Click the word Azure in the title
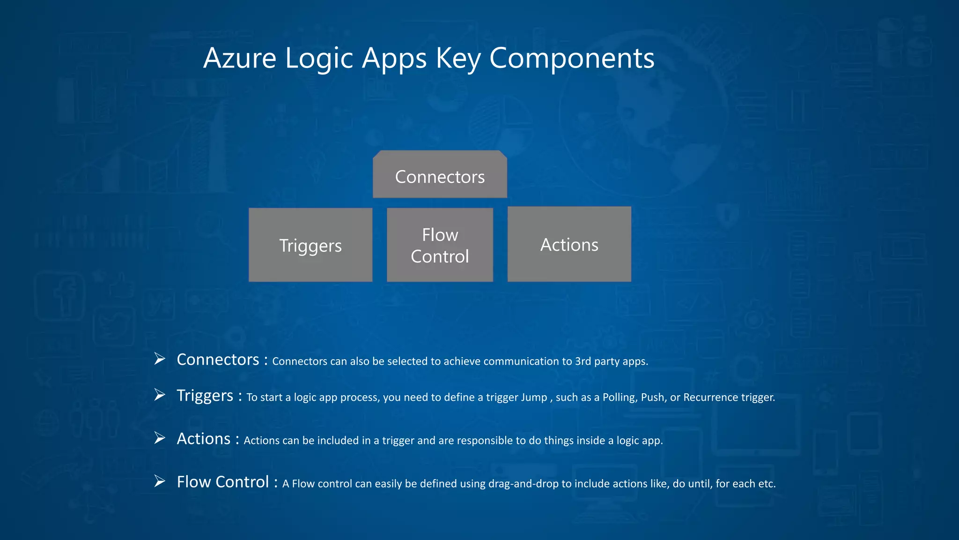coord(240,59)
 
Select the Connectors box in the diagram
coord(440,176)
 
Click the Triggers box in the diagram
coord(310,245)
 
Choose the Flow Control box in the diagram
coord(440,245)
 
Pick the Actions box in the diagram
coord(569,244)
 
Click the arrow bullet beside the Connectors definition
coord(160,359)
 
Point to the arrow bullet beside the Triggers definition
coord(160,395)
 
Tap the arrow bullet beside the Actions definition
coord(160,438)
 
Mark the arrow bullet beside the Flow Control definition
coord(160,481)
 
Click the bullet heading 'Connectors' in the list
coord(218,360)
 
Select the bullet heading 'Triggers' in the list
coord(205,396)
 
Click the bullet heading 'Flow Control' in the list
coord(223,482)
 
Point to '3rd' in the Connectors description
coord(583,361)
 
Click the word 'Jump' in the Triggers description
coord(534,397)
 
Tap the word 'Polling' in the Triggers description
coord(619,397)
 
